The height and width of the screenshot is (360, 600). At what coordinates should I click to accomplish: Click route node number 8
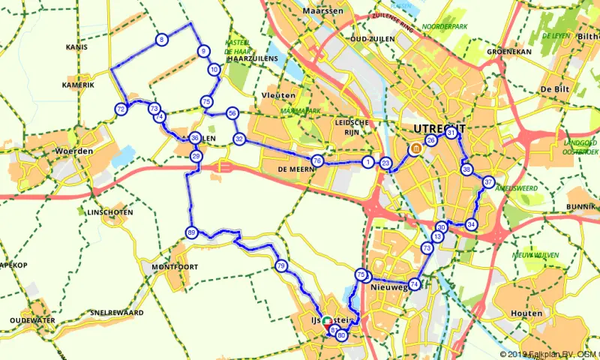pyautogui.click(x=161, y=40)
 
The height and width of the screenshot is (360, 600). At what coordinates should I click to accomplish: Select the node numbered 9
pyautogui.click(x=202, y=51)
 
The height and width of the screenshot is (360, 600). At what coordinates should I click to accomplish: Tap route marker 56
pyautogui.click(x=232, y=113)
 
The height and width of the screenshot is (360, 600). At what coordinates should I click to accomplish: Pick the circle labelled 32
pyautogui.click(x=239, y=139)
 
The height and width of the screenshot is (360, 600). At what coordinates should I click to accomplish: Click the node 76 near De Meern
pyautogui.click(x=317, y=161)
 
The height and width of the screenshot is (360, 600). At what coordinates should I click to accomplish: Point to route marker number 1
pyautogui.click(x=367, y=162)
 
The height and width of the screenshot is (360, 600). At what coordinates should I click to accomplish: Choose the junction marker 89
pyautogui.click(x=191, y=232)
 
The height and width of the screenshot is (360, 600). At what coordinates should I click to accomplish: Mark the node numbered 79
pyautogui.click(x=280, y=265)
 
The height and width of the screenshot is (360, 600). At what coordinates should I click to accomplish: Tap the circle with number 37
pyautogui.click(x=488, y=182)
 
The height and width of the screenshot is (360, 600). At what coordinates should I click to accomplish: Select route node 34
pyautogui.click(x=471, y=224)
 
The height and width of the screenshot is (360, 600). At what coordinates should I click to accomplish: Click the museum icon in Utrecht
pyautogui.click(x=415, y=150)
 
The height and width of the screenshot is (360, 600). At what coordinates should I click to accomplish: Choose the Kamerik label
pyautogui.click(x=79, y=85)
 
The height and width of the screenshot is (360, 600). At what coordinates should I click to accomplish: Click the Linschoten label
pyautogui.click(x=105, y=212)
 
